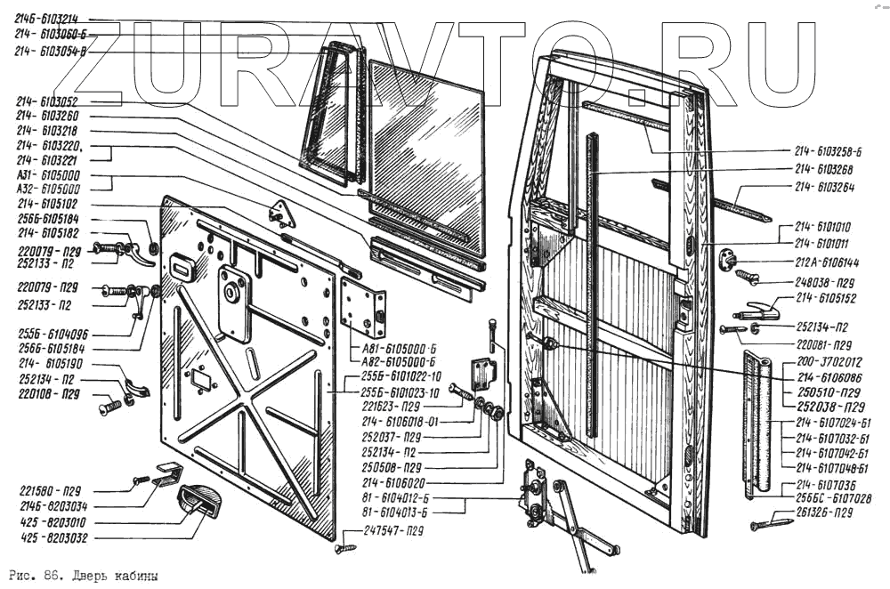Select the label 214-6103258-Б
[835, 150]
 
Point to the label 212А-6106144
[831, 263]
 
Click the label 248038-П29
[830, 281]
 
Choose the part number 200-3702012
[830, 363]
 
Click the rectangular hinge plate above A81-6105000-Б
[363, 307]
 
